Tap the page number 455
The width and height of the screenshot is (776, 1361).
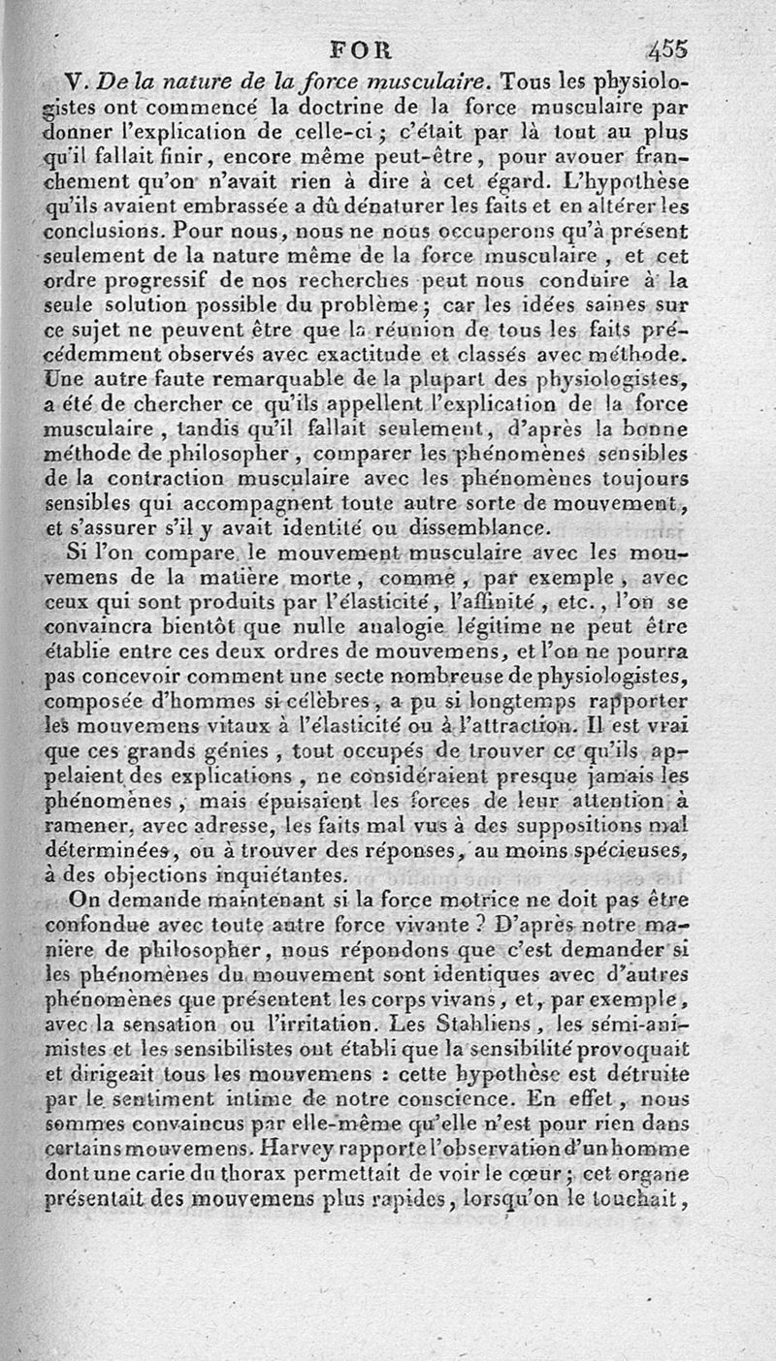[668, 48]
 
